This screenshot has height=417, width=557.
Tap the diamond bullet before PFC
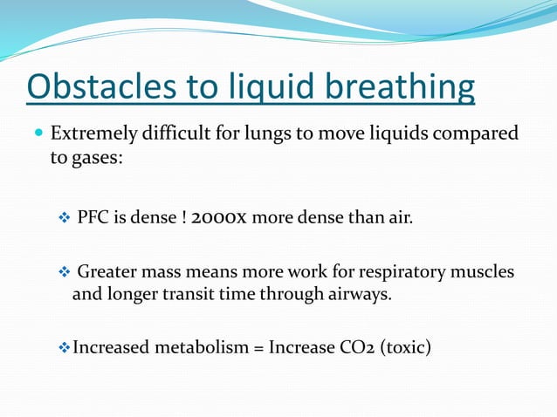(x=63, y=216)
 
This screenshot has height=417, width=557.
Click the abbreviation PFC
(x=93, y=216)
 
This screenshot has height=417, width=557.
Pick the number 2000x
(x=223, y=216)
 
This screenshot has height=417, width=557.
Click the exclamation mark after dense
(x=183, y=216)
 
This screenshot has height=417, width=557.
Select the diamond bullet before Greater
(x=63, y=272)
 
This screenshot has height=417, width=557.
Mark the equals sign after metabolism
(x=258, y=348)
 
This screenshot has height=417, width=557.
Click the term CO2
(x=345, y=348)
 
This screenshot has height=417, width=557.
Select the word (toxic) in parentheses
(x=402, y=348)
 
